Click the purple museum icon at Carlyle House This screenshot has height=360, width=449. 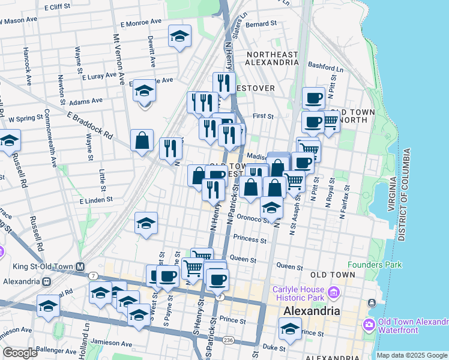333,293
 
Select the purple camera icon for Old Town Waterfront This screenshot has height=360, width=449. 369,325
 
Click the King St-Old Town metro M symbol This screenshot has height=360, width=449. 79,266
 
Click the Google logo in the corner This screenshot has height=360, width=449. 20,353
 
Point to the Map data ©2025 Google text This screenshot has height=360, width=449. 411,355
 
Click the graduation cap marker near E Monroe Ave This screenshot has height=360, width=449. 179,37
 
